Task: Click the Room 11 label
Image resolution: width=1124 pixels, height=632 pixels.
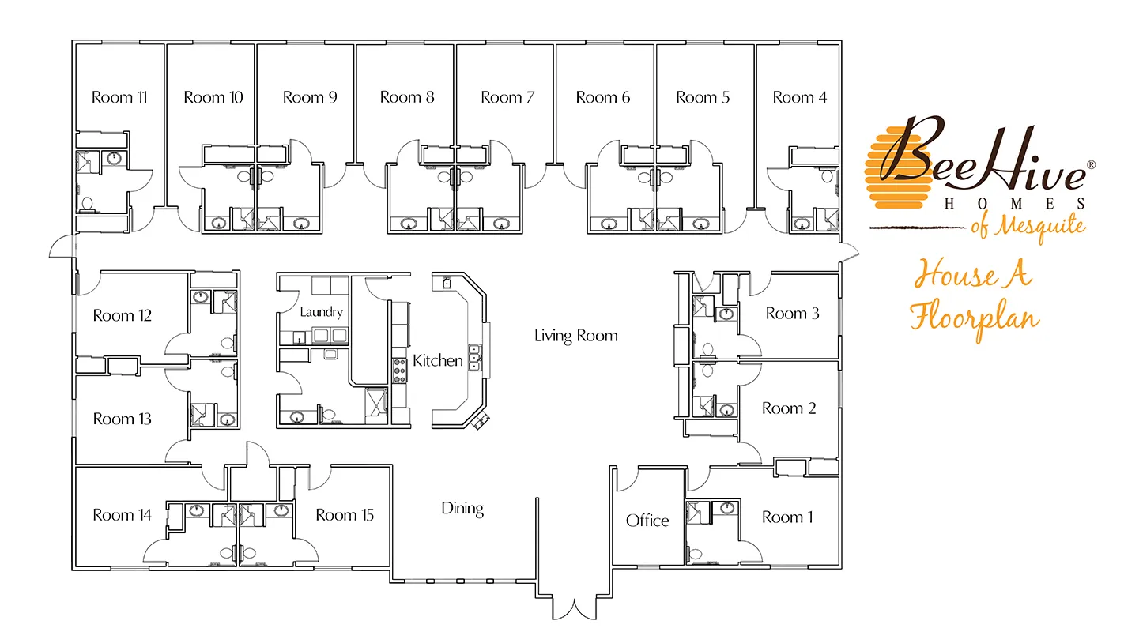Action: (119, 97)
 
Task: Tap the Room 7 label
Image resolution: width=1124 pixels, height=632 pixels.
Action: (507, 97)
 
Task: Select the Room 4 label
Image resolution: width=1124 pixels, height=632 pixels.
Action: (800, 97)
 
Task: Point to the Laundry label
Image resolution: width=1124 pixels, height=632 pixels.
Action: (322, 312)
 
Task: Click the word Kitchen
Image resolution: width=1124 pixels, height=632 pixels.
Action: (438, 360)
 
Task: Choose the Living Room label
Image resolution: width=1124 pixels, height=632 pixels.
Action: (576, 335)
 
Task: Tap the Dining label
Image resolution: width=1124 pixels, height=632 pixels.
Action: (462, 509)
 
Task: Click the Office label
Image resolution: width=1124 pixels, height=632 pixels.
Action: (647, 521)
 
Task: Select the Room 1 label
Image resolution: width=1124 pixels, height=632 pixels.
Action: (787, 517)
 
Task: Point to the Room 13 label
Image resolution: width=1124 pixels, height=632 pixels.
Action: (123, 419)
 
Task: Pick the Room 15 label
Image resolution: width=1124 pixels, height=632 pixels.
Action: (345, 515)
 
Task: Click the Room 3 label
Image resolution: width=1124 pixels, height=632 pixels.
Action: (792, 314)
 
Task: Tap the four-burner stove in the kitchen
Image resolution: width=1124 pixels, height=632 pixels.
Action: (399, 371)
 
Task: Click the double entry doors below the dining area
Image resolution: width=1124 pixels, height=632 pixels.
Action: (575, 608)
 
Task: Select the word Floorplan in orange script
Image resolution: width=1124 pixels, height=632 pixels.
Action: (975, 318)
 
